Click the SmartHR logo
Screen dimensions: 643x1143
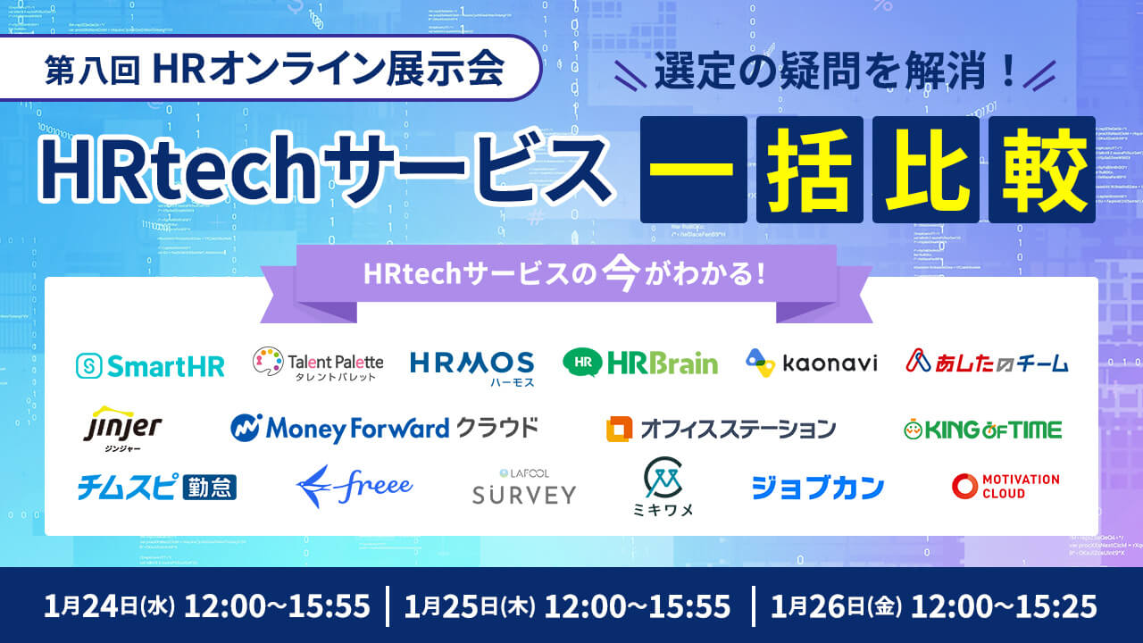tap(150, 364)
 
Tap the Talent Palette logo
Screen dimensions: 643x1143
tap(318, 364)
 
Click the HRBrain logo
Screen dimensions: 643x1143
tap(640, 363)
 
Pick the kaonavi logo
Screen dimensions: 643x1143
tap(812, 363)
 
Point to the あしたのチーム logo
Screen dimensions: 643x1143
tap(987, 363)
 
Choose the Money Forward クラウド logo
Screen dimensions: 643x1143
tap(385, 429)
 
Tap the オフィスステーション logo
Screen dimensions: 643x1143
tap(721, 429)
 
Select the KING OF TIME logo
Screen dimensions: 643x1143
tap(982, 430)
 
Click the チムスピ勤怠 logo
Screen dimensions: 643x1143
tap(156, 487)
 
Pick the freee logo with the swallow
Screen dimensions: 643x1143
tap(355, 487)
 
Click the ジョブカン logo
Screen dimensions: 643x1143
tap(818, 488)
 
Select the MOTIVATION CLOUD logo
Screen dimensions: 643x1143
tap(1005, 487)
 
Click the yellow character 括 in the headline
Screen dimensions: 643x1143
tap(809, 170)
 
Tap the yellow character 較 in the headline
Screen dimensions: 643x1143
tap(1041, 170)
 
